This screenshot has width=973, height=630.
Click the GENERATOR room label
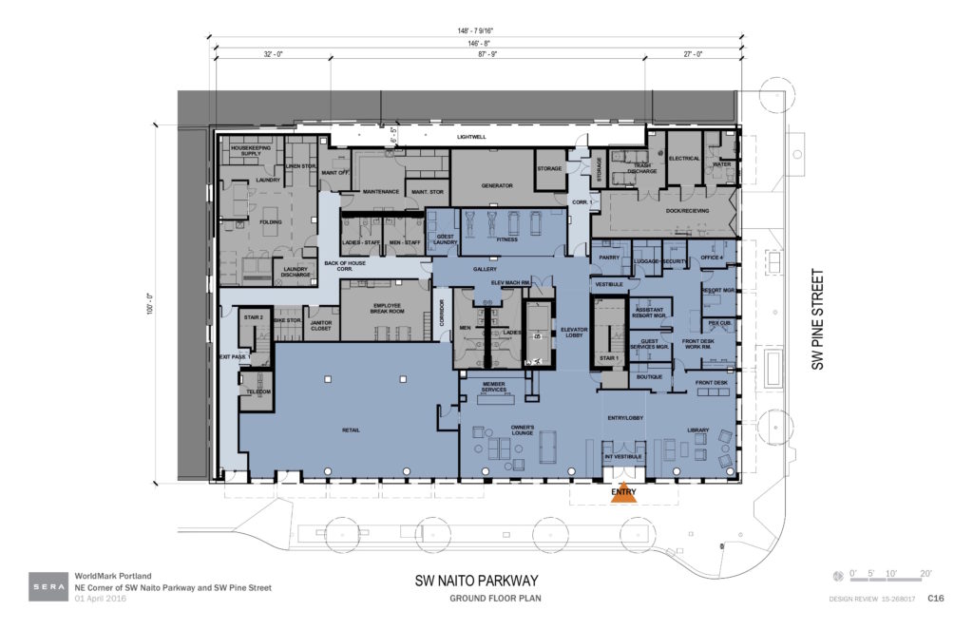(497, 185)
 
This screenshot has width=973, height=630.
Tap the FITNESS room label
(506, 240)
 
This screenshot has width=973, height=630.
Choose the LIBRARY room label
(698, 431)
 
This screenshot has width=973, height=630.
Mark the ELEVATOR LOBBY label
(576, 332)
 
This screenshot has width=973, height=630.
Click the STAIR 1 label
(608, 358)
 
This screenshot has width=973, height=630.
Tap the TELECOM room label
(258, 391)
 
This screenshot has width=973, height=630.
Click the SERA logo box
(48, 581)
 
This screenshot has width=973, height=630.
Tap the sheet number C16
(935, 599)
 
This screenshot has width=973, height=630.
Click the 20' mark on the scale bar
(925, 574)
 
